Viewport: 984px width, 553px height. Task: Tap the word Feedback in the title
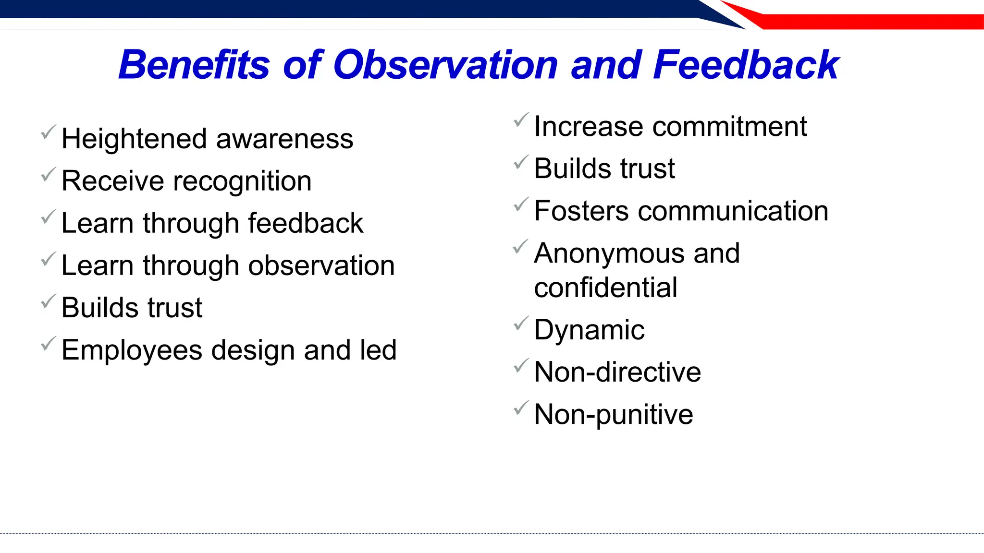click(x=746, y=65)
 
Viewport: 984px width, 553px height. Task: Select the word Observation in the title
click(x=445, y=65)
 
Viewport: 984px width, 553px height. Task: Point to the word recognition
click(x=242, y=181)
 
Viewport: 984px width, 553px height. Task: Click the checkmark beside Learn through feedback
click(x=48, y=217)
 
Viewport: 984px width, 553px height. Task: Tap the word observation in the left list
click(x=321, y=265)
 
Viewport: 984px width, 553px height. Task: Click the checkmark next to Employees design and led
click(x=48, y=344)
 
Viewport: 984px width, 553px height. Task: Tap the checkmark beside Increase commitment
click(x=521, y=120)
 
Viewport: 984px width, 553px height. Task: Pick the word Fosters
click(x=581, y=211)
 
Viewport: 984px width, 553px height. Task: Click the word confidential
click(x=605, y=288)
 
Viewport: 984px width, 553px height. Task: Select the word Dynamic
click(x=589, y=330)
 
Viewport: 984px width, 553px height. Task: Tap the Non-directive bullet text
click(x=617, y=373)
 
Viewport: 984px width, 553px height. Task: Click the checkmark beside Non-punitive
click(x=521, y=408)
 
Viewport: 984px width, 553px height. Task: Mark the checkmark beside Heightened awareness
click(x=48, y=132)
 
